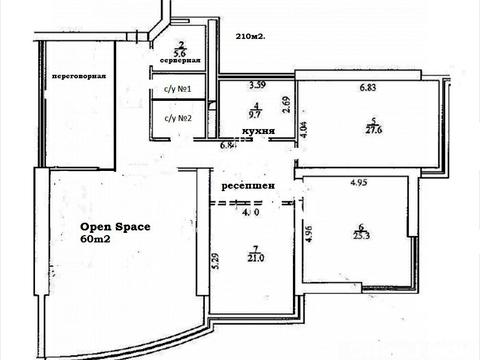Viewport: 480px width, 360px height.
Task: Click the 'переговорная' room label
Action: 79,77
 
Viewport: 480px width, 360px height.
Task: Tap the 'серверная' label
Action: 180,61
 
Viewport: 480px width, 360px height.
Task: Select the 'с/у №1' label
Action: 177,92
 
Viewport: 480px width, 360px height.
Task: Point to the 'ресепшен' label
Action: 244,186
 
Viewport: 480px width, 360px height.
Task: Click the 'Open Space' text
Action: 114,227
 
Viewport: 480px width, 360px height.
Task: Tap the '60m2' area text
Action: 98,240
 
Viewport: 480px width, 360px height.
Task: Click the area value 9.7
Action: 257,114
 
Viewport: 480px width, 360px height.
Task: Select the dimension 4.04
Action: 307,131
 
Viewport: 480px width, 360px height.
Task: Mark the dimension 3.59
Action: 257,84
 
